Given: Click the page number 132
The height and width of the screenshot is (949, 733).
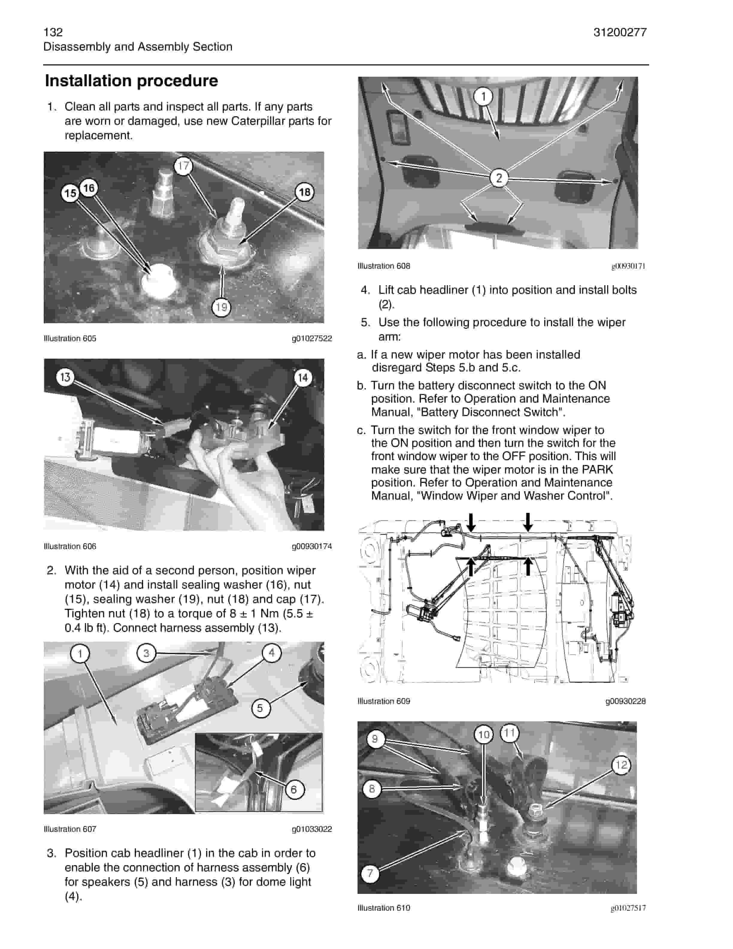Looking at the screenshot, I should coord(53,32).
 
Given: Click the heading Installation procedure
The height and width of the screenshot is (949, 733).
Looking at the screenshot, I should coord(131,81).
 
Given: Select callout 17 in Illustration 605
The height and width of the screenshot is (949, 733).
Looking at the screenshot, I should coord(183,166).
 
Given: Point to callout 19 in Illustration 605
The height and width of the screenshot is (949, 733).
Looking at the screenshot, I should coord(222,307).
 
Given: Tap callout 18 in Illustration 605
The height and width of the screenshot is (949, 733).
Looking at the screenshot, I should coord(305,192).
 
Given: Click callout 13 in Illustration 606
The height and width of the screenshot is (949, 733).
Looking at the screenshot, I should coord(65,377).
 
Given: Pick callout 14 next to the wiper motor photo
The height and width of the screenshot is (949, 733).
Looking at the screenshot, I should coord(303,378).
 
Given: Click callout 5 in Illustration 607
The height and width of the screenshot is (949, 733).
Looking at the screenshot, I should coord(260,708).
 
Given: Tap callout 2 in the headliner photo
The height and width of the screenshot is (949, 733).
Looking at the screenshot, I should coord(499,177).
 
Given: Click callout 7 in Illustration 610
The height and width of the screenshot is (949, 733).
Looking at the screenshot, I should coord(370,873).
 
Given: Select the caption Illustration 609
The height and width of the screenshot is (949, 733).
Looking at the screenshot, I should coord(384,701).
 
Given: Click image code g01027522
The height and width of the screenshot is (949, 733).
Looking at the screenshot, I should coord(312,339).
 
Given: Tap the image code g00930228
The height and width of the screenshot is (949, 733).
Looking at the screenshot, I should coord(625,701).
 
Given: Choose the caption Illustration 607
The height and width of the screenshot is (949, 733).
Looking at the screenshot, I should coord(70,829).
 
